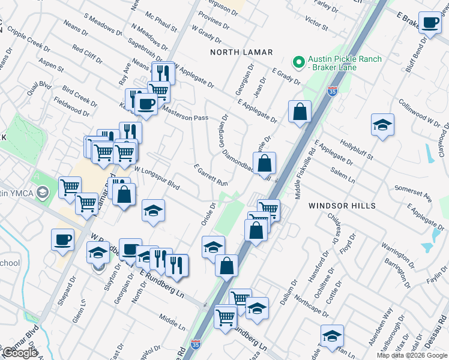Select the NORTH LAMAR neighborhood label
click(241, 53)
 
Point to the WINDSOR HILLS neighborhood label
click(342, 206)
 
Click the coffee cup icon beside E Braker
click(429, 23)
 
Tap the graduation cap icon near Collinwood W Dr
click(382, 125)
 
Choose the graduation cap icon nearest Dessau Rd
click(331, 336)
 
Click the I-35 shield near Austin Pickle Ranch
click(333, 91)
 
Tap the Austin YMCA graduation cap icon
click(42, 193)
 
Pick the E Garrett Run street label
click(211, 175)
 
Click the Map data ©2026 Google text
click(412, 355)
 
